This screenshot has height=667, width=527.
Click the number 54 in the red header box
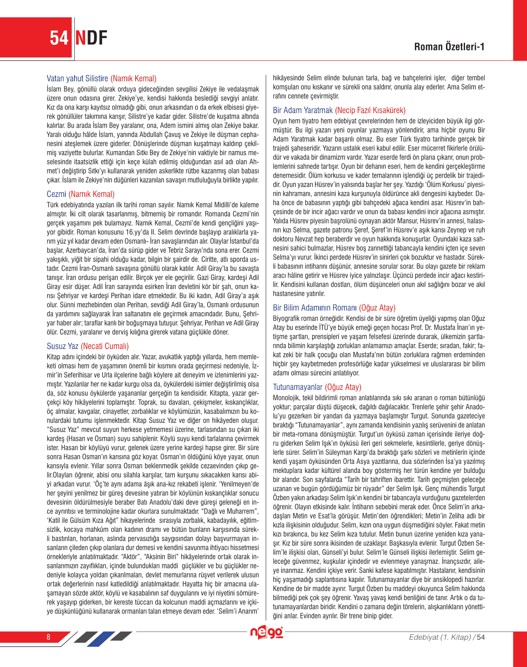pyautogui.click(x=59, y=38)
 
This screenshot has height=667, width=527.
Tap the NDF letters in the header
pyautogui.click(x=91, y=38)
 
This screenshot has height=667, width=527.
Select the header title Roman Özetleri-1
pyautogui.click(x=449, y=47)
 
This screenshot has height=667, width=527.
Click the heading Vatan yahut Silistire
pyautogui.click(x=77, y=78)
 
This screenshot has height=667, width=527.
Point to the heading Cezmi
pyautogui.click(x=56, y=194)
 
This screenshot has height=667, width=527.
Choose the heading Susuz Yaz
pyautogui.click(x=62, y=346)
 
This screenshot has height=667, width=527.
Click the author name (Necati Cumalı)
pyautogui.click(x=105, y=346)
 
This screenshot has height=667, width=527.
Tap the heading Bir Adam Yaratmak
pyautogui.click(x=303, y=110)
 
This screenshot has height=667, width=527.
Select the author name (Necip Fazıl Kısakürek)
pyautogui.click(x=370, y=110)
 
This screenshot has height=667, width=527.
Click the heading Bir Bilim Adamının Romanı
pyautogui.click(x=315, y=308)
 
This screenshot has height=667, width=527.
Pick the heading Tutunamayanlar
pyautogui.click(x=298, y=387)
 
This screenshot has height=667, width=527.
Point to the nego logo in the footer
pyautogui.click(x=267, y=633)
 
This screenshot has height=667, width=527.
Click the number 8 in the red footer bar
pyautogui.click(x=48, y=637)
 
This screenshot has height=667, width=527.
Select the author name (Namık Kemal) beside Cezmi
pyautogui.click(x=91, y=194)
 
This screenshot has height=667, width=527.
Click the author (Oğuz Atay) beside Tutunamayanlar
pyautogui.click(x=343, y=387)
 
